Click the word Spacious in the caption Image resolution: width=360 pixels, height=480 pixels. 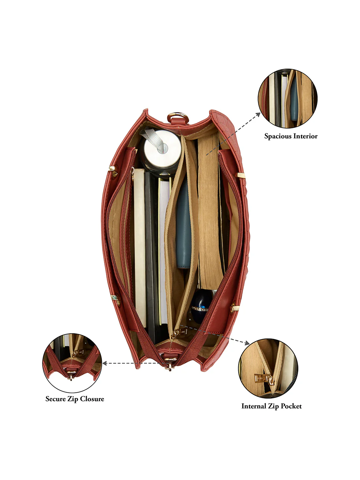point(278,136)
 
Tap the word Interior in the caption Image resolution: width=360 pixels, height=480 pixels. point(305,136)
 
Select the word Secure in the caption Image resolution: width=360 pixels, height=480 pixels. point(56,399)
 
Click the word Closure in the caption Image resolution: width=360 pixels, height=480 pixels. point(92,399)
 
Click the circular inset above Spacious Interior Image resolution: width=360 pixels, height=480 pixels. point(288,98)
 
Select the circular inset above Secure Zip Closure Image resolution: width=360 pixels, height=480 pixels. point(72,363)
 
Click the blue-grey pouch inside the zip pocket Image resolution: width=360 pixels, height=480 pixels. point(184,223)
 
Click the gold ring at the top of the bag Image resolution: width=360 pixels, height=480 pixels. point(178,117)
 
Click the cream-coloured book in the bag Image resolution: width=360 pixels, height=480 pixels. point(140,247)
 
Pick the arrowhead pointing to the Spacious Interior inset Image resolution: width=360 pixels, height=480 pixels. point(258,115)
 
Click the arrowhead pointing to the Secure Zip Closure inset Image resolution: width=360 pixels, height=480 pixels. point(105,363)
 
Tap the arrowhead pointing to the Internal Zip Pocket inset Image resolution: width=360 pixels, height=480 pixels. point(247,343)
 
